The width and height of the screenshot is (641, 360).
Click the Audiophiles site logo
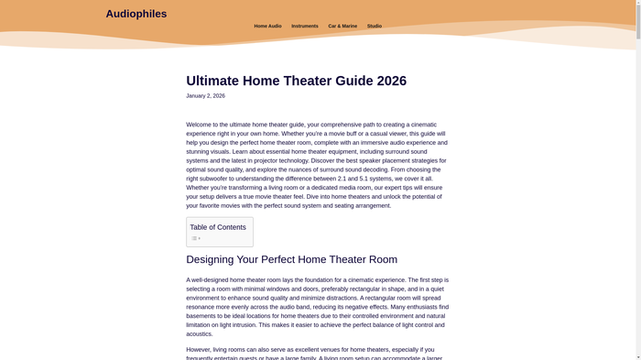(x=136, y=14)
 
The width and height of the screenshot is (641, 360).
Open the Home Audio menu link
(x=267, y=27)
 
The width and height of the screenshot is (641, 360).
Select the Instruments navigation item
(x=305, y=27)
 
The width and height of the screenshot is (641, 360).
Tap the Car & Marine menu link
(x=342, y=27)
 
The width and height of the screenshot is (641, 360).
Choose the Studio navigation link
(x=375, y=27)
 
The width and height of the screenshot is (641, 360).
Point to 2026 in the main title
(x=388, y=81)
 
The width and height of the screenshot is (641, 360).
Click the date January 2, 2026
(x=205, y=96)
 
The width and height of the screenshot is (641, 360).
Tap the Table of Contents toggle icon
(x=196, y=238)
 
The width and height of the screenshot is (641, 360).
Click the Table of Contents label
(x=218, y=227)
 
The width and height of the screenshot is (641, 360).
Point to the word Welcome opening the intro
(x=199, y=125)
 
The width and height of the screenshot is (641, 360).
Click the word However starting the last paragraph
(x=199, y=349)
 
